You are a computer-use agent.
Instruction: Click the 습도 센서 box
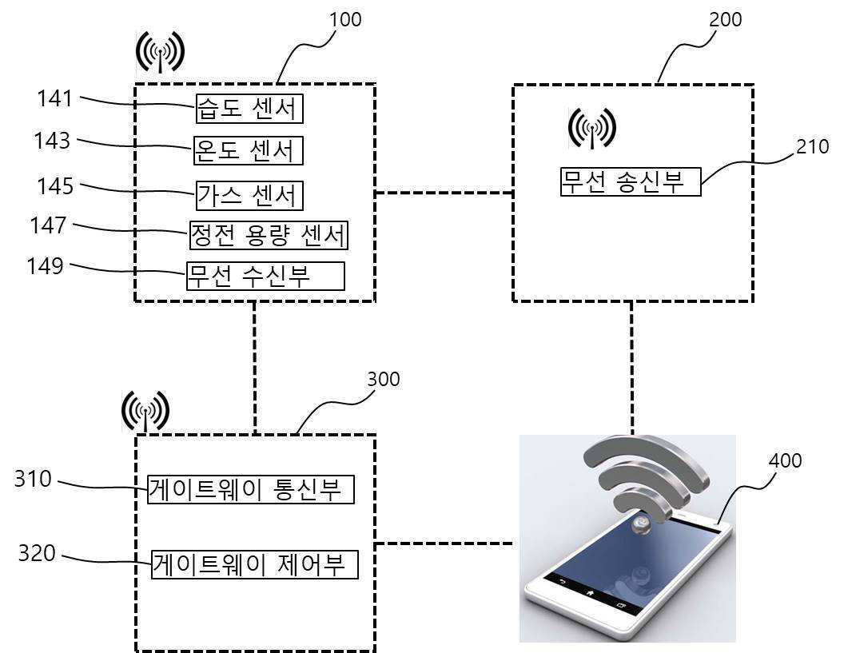249,108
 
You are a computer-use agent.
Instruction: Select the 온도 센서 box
249,149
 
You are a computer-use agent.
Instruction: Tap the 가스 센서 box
249,194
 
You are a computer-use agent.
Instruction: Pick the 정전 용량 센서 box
269,235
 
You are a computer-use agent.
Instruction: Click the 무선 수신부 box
265,276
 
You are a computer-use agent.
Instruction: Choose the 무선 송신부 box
630,181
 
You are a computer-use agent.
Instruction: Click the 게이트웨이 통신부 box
250,488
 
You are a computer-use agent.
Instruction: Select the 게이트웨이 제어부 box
254,564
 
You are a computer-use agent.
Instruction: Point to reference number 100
345,19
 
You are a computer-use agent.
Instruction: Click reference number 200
725,19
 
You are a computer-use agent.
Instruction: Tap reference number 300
383,378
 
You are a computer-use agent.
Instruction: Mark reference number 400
785,460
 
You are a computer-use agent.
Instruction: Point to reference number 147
48,225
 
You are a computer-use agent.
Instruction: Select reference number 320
37,552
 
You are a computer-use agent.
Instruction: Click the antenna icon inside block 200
592,128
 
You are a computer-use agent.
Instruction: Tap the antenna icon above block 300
145,411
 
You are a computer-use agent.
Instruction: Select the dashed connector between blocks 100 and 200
444,193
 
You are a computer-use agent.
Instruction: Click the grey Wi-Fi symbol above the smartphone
645,480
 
